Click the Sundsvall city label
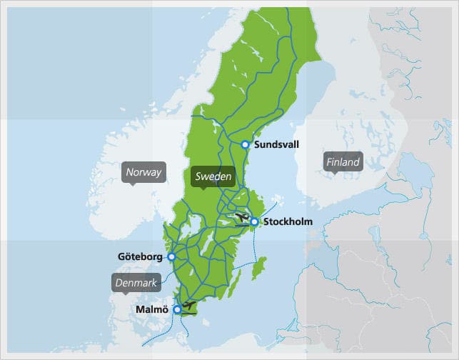pyautogui.click(x=276, y=144)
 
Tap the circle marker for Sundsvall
pyautogui.click(x=245, y=144)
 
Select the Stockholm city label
pyautogui.click(x=288, y=222)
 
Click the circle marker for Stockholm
pyautogui.click(x=254, y=222)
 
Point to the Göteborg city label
pyautogui.click(x=140, y=256)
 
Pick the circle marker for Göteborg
pyautogui.click(x=171, y=256)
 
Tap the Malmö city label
pyautogui.click(x=151, y=310)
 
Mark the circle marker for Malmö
pyautogui.click(x=177, y=310)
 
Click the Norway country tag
pyautogui.click(x=143, y=172)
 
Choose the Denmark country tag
pyautogui.click(x=136, y=284)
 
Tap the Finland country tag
pyautogui.click(x=343, y=162)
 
